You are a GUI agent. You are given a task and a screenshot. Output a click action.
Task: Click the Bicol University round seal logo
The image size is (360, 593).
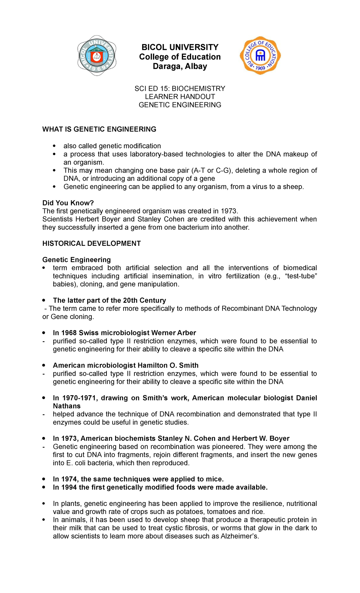pyautogui.click(x=97, y=56)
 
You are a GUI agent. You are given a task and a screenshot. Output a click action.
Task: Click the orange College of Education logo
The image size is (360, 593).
pyautogui.click(x=260, y=56)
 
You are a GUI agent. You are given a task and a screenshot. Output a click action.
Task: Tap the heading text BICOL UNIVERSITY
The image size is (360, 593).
pyautogui.click(x=180, y=47)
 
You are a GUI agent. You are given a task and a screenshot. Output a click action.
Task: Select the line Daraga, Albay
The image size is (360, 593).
pyautogui.click(x=180, y=66)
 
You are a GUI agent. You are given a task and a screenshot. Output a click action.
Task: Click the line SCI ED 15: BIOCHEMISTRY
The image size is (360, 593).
pyautogui.click(x=180, y=89)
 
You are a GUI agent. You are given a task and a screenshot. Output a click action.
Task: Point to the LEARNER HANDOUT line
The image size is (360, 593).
pyautogui.click(x=180, y=97)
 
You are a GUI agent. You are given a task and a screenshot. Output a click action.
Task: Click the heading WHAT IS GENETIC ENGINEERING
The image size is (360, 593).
pyautogui.click(x=99, y=129)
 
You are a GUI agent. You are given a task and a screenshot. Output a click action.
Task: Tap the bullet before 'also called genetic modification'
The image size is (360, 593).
pyautogui.click(x=54, y=146)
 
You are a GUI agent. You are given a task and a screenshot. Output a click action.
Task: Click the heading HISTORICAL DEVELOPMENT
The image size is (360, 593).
pyautogui.click(x=91, y=243)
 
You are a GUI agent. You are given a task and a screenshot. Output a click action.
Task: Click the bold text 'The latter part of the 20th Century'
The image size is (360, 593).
pyautogui.click(x=109, y=300)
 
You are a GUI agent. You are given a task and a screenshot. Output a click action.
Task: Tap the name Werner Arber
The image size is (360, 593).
pyautogui.click(x=174, y=333)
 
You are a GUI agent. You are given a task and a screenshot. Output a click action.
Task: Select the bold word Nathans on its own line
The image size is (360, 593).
pyautogui.click(x=67, y=406)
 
